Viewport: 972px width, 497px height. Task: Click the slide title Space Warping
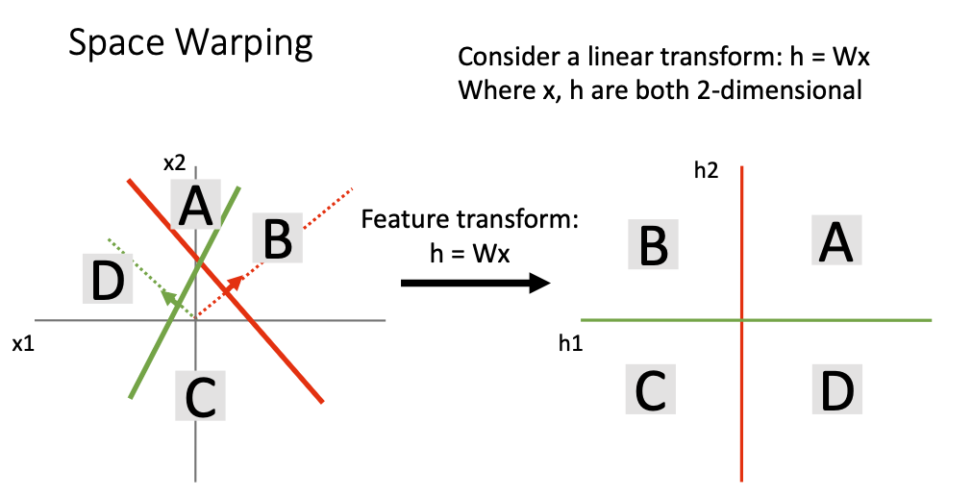point(190,45)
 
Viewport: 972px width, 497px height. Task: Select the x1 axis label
point(24,343)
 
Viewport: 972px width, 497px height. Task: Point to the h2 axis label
point(707,171)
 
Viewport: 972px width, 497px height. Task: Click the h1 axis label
point(570,343)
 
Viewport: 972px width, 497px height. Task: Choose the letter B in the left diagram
point(278,238)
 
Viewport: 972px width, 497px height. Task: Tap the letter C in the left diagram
point(200,395)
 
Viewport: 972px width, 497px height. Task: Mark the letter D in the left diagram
point(106,280)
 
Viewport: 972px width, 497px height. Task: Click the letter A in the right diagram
point(835,240)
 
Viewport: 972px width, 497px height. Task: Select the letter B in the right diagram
point(654,244)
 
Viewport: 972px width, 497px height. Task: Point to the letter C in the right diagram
point(654,388)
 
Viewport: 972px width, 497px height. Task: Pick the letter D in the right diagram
point(835,388)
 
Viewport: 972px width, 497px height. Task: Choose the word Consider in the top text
point(505,57)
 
